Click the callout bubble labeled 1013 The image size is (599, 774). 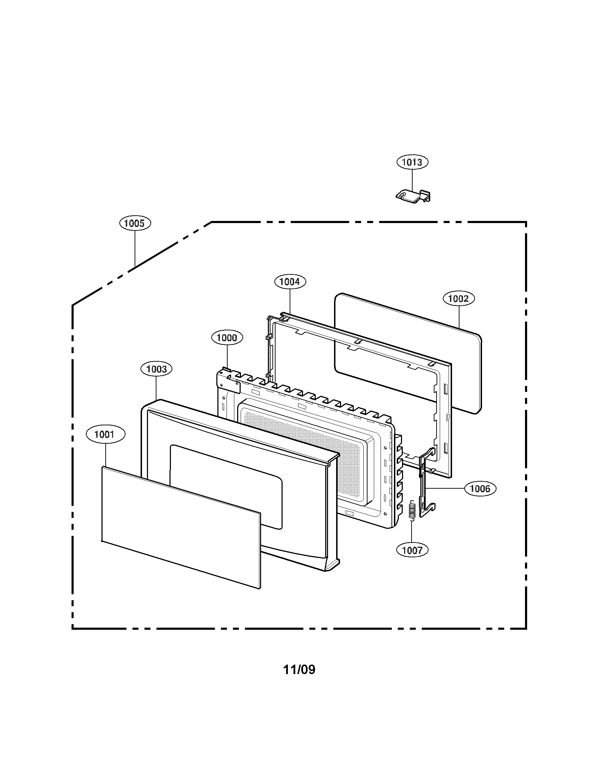(412, 162)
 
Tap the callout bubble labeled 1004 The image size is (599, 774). (290, 281)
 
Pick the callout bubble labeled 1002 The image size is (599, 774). (458, 298)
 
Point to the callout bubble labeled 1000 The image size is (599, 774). (227, 337)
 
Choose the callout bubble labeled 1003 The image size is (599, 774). (156, 369)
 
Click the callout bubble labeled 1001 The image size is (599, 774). (105, 434)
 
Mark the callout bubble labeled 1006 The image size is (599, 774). (480, 489)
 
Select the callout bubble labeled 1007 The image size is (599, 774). (412, 550)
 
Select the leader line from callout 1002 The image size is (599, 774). (459, 316)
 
